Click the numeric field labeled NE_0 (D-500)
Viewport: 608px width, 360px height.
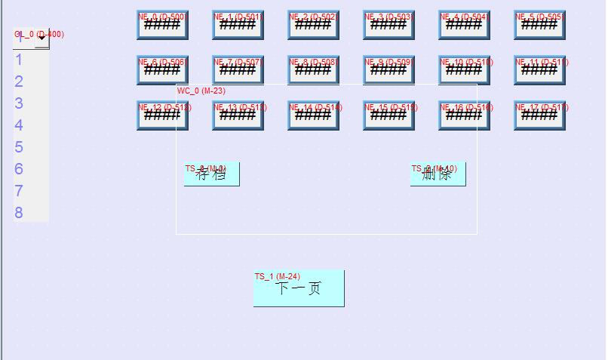pyautogui.click(x=162, y=25)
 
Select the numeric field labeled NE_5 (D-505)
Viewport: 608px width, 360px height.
pyautogui.click(x=539, y=25)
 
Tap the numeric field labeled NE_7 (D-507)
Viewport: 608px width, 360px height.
pyautogui.click(x=238, y=70)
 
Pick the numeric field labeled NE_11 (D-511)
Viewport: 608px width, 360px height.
pyautogui.click(x=539, y=70)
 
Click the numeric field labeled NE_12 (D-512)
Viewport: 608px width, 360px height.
pyautogui.click(x=162, y=115)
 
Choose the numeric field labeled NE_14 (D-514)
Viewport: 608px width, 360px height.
pyautogui.click(x=313, y=115)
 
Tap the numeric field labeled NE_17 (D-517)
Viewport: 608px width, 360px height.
pyautogui.click(x=539, y=115)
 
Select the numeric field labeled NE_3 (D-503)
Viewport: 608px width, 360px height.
pyautogui.click(x=388, y=25)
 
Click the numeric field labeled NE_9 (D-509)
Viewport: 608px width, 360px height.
pyautogui.click(x=388, y=70)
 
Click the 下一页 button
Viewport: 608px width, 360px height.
pyautogui.click(x=299, y=289)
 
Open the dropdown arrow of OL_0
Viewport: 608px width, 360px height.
pyautogui.click(x=42, y=40)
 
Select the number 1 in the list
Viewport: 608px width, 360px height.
pyautogui.click(x=19, y=60)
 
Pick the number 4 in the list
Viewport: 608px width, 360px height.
pyautogui.click(x=19, y=125)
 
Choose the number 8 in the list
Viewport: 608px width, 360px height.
pyautogui.click(x=19, y=213)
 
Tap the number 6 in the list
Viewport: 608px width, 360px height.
pyautogui.click(x=19, y=169)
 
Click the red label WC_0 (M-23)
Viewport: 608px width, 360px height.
pyautogui.click(x=201, y=91)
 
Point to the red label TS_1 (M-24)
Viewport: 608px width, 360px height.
pyautogui.click(x=277, y=276)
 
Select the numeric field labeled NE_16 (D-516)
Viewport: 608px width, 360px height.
pyautogui.click(x=464, y=115)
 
